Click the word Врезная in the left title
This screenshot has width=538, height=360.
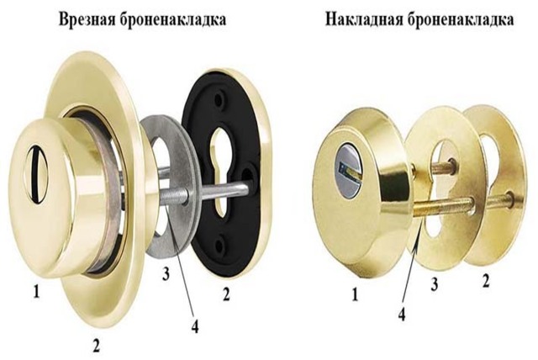(x=87, y=19)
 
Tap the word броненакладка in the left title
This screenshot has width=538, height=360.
(x=173, y=20)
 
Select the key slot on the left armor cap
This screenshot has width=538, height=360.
(x=35, y=174)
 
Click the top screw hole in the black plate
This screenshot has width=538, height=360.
(x=219, y=99)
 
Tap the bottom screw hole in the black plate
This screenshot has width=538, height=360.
(x=219, y=245)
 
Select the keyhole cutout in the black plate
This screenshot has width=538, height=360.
(x=220, y=172)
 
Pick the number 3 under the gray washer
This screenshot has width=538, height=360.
(x=166, y=274)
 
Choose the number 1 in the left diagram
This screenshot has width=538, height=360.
(x=36, y=293)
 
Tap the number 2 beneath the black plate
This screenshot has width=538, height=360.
(x=226, y=294)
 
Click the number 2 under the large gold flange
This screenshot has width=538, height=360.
(x=96, y=345)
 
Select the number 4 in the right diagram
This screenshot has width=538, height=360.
(x=402, y=314)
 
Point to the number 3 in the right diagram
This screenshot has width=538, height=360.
(x=435, y=284)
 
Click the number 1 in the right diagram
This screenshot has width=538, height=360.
(x=355, y=294)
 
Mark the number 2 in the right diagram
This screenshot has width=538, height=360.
(x=486, y=281)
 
